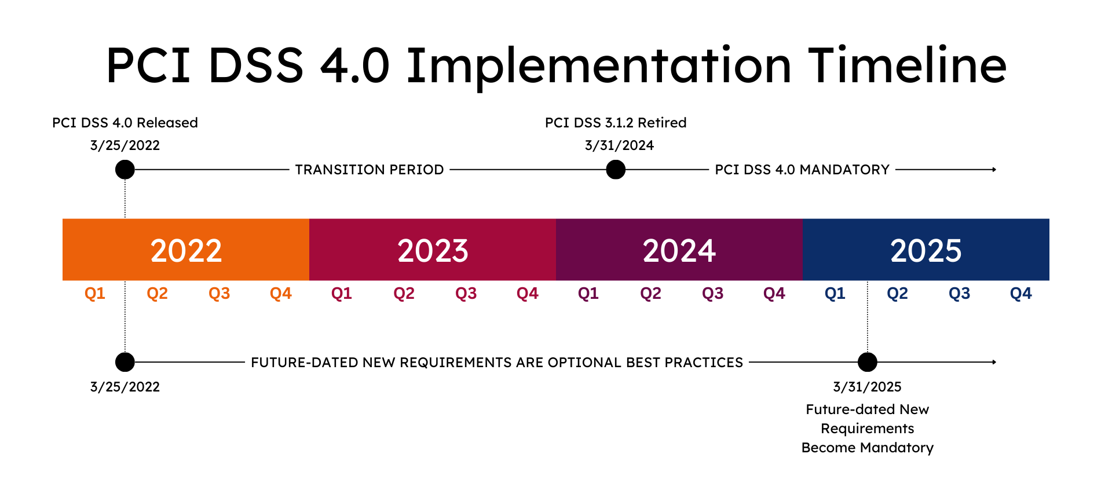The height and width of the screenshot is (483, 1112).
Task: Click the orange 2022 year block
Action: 186,250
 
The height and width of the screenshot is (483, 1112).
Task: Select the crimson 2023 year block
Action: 433,250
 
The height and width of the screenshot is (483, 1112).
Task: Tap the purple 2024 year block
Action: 679,250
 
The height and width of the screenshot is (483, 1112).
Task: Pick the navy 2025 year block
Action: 926,250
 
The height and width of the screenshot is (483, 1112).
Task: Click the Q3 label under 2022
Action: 220,294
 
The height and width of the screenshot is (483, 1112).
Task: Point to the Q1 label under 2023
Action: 342,294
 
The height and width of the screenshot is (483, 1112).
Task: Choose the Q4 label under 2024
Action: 774,294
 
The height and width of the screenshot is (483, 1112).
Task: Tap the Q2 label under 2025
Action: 897,294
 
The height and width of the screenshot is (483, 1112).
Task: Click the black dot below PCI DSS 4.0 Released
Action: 125,170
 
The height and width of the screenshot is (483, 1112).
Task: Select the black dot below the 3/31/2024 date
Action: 616,170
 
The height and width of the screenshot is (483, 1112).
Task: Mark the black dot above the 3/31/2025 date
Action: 868,362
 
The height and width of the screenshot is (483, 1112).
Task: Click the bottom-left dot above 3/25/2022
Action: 125,362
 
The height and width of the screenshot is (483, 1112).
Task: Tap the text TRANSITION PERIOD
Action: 370,170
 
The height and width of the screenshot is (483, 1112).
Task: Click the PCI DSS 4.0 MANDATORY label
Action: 802,170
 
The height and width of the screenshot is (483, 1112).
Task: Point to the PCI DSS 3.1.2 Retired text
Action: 616,123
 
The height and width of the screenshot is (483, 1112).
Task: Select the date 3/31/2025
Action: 868,387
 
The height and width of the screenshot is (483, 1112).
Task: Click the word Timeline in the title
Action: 908,65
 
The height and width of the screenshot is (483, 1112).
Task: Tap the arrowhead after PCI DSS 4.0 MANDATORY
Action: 994,170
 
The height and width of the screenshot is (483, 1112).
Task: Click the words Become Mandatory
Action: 868,448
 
